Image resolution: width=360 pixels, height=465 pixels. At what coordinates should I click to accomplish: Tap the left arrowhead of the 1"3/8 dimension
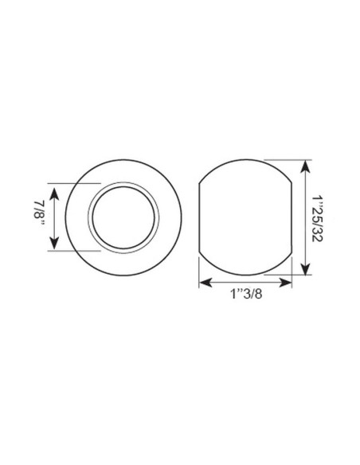pyautogui.click(x=202, y=280)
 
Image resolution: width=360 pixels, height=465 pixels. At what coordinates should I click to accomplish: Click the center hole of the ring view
pyautogui.click(x=123, y=217)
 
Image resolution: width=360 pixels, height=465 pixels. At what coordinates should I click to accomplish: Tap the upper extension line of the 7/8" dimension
pyautogui.click(x=76, y=182)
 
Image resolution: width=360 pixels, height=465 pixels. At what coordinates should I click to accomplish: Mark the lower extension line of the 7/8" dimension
pyautogui.click(x=76, y=252)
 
